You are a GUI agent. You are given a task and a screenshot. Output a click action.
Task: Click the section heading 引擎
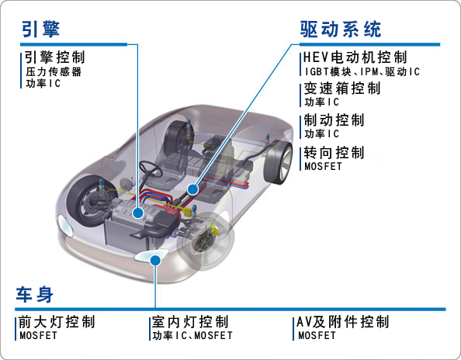(41, 29)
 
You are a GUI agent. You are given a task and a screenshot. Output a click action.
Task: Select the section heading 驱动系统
(341, 29)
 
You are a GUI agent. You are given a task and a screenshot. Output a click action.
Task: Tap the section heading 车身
(35, 294)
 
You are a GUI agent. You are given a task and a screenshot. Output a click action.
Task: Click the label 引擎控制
(54, 57)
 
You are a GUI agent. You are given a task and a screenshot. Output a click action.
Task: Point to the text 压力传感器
(54, 71)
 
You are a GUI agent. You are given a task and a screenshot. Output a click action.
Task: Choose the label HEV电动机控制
(355, 57)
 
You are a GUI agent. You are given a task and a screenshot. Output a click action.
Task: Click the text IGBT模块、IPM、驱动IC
(362, 71)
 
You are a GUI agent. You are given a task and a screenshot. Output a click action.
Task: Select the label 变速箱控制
(342, 88)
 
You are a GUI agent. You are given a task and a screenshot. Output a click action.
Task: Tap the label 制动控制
(334, 120)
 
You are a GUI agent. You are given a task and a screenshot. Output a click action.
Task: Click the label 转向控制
(334, 153)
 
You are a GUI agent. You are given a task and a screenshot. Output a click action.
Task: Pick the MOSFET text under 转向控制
(323, 166)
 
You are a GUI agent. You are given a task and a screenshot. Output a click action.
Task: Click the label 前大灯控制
(57, 322)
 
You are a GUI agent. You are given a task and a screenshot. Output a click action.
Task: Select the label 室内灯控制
(190, 322)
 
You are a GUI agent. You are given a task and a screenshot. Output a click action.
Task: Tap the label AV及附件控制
(343, 322)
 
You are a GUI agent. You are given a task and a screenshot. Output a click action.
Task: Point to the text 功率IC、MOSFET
(192, 335)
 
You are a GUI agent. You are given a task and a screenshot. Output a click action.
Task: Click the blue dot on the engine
(137, 213)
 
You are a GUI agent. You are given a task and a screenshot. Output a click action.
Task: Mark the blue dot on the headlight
(155, 261)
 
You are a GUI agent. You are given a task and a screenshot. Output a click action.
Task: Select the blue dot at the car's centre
(193, 189)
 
